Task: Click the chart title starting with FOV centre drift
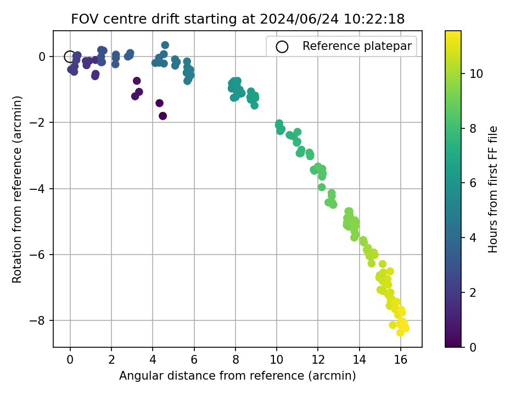pyautogui.click(x=238, y=19)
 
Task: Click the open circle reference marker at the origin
pyautogui.click(x=70, y=57)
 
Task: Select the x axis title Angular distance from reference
pyautogui.click(x=237, y=376)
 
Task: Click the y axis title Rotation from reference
pyautogui.click(x=18, y=189)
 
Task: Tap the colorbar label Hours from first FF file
pyautogui.click(x=493, y=189)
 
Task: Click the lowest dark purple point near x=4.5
pyautogui.click(x=163, y=116)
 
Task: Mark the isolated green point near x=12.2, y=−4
pyautogui.click(x=322, y=187)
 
